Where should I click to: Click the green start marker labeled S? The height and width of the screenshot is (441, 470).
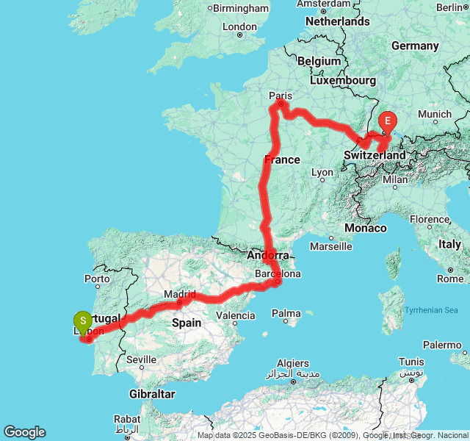(x=83, y=321)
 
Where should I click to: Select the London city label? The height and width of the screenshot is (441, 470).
(x=239, y=26)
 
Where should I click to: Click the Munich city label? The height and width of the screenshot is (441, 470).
(x=435, y=115)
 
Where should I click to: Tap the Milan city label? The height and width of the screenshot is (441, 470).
(x=394, y=179)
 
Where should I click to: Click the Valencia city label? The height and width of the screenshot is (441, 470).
(x=236, y=315)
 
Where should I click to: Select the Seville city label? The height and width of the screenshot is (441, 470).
(x=141, y=359)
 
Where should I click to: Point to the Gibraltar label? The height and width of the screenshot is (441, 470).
(x=151, y=394)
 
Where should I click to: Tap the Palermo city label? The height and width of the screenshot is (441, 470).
(x=441, y=345)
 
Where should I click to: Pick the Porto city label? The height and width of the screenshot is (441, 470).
(x=97, y=279)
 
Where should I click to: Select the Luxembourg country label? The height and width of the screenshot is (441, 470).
(x=343, y=80)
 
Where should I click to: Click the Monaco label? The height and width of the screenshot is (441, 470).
(x=365, y=229)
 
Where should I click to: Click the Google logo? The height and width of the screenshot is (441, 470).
(x=24, y=432)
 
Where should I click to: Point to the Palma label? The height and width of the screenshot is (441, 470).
(x=286, y=314)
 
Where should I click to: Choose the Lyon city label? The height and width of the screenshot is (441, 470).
(x=322, y=173)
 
